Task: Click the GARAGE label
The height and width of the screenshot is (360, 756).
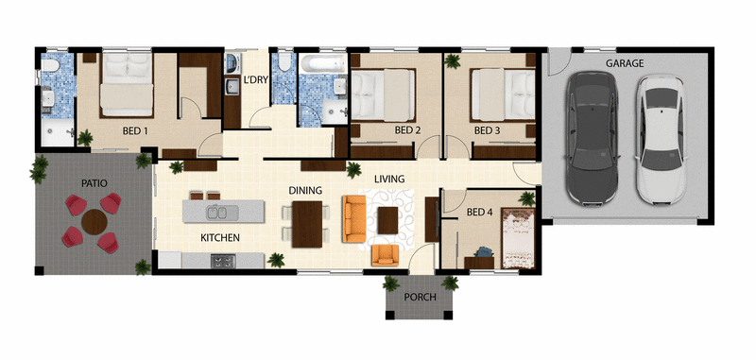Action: pyautogui.click(x=625, y=63)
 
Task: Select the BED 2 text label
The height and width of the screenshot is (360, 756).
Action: pyautogui.click(x=407, y=130)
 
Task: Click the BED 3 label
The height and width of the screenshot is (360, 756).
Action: pyautogui.click(x=488, y=130)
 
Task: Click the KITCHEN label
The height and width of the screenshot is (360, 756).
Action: pyautogui.click(x=218, y=237)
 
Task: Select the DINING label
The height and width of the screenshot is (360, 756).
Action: pyautogui.click(x=307, y=190)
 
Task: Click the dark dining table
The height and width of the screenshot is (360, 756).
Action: pyautogui.click(x=307, y=222)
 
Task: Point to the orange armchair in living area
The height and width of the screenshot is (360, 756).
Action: pyautogui.click(x=385, y=255)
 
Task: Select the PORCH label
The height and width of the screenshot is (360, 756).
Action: pyautogui.click(x=419, y=297)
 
